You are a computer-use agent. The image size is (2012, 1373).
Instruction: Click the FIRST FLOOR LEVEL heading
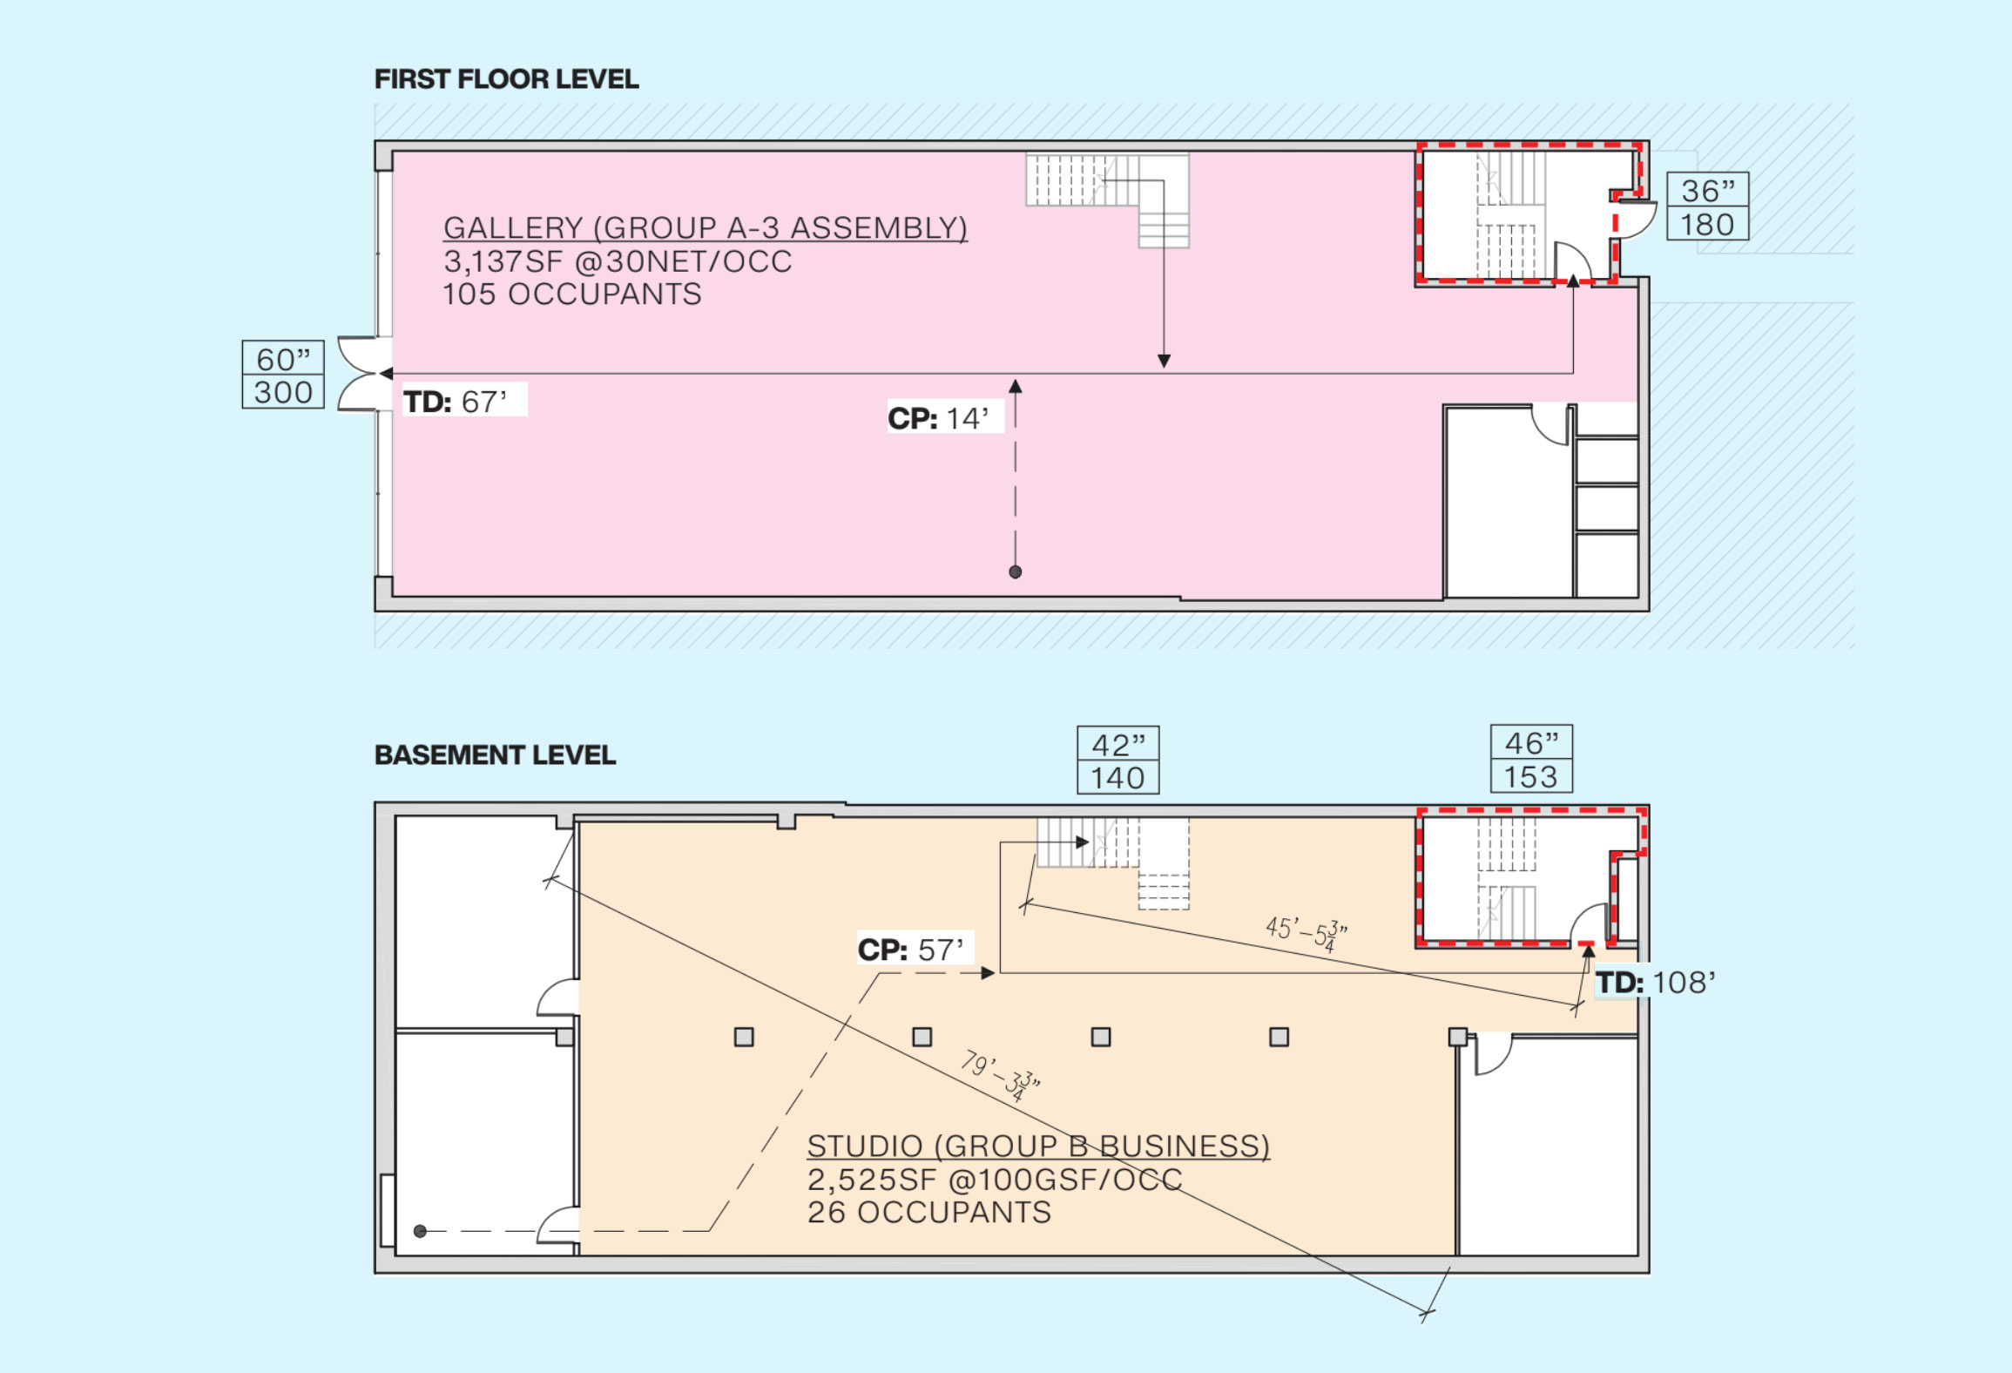(x=506, y=79)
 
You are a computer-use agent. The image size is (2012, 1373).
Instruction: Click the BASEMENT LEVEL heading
(x=495, y=754)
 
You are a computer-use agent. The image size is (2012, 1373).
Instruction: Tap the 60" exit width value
(x=283, y=358)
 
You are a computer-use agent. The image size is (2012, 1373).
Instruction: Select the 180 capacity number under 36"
(x=1707, y=225)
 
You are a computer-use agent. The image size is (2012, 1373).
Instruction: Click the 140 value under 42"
(x=1117, y=777)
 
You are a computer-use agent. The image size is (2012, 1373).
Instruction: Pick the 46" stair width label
(x=1531, y=743)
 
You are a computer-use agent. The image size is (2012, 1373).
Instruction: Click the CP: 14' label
(x=938, y=418)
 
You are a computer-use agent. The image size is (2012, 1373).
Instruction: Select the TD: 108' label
(x=1655, y=983)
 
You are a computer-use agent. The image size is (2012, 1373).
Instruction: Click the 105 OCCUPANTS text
(x=571, y=294)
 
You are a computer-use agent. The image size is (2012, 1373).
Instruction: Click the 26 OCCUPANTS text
(x=928, y=1213)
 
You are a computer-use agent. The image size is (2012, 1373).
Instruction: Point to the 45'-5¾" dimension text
(x=1306, y=933)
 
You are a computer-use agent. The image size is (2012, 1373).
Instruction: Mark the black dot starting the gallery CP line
(x=1015, y=572)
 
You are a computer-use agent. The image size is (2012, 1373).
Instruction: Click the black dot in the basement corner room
(x=420, y=1231)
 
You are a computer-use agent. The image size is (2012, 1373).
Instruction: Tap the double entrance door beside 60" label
(x=361, y=374)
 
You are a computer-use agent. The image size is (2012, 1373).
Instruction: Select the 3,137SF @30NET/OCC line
(x=618, y=261)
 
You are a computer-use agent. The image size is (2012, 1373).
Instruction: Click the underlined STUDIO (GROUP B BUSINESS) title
(x=1037, y=1146)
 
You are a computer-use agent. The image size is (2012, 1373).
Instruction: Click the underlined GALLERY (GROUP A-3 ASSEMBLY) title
(x=705, y=228)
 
